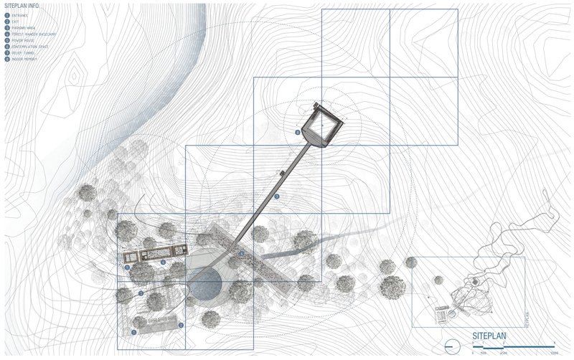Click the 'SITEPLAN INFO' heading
(x=22, y=6)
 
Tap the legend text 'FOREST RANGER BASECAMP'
(x=29, y=34)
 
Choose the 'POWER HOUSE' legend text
(x=22, y=40)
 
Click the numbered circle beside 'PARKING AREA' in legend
(x=7, y=28)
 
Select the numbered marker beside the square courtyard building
(x=297, y=133)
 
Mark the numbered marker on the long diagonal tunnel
(x=277, y=195)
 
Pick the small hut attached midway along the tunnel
(x=281, y=174)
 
